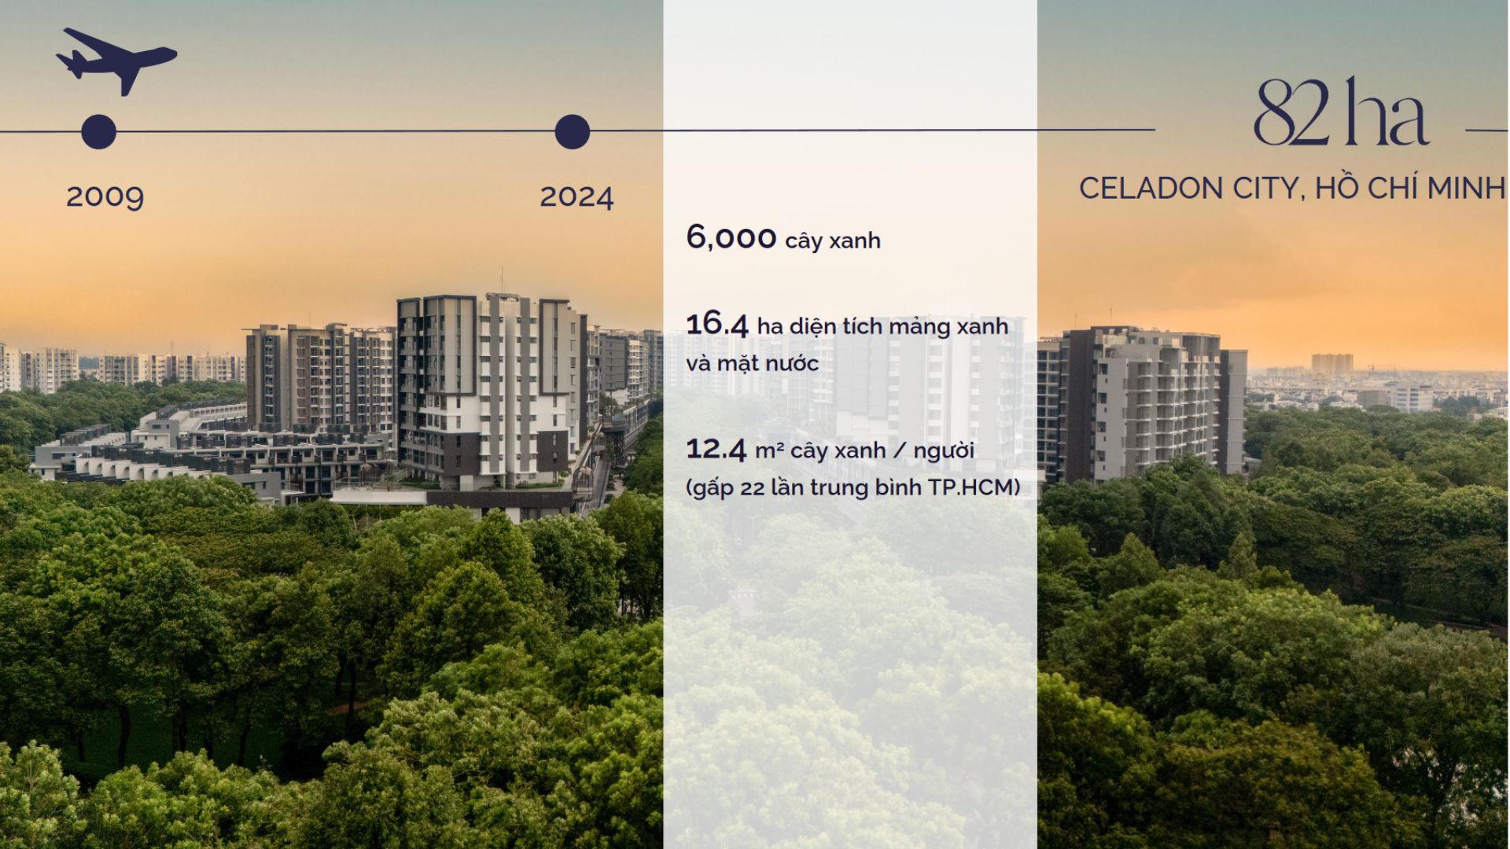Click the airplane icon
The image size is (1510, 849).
[x=116, y=61]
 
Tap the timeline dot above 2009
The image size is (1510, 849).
[x=99, y=131]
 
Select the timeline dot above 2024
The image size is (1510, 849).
[x=573, y=131]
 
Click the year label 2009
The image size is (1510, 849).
[x=105, y=197]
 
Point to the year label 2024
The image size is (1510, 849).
[x=576, y=197]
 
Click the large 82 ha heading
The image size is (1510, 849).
[x=1341, y=112]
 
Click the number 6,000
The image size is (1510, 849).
[x=731, y=237]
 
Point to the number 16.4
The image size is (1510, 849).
[x=717, y=324]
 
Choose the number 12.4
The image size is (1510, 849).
[x=716, y=449]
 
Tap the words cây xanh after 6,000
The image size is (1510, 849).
[x=833, y=241]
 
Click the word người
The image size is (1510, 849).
[x=944, y=451]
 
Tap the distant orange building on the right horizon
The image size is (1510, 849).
[x=1332, y=363]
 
